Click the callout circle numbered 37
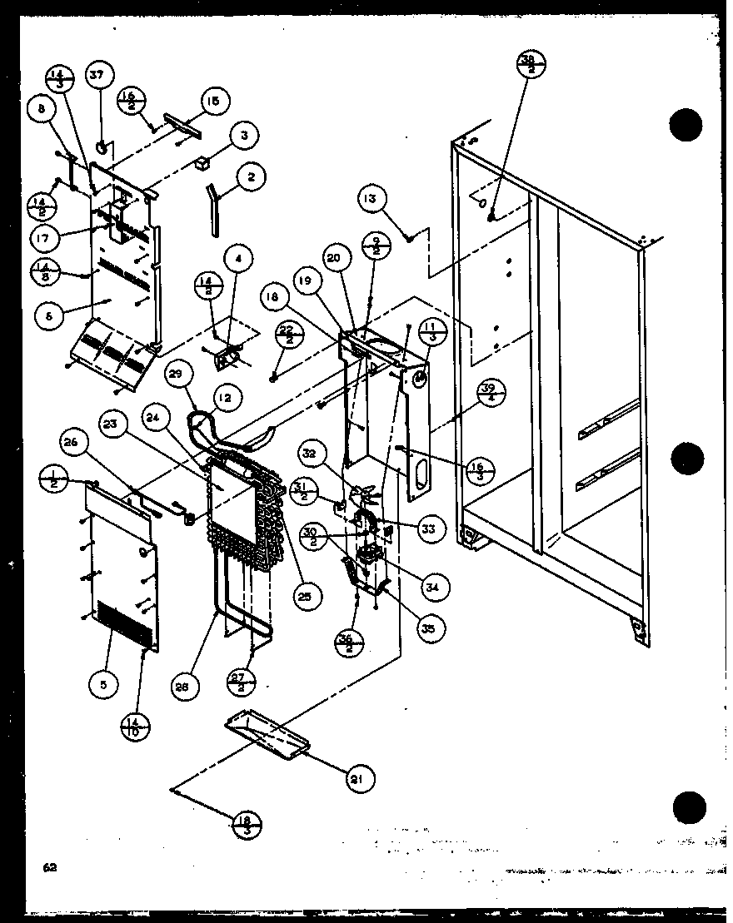[x=97, y=77]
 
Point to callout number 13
[x=370, y=198]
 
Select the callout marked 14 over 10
[x=136, y=724]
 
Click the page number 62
[x=50, y=867]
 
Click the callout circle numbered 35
[x=428, y=628]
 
